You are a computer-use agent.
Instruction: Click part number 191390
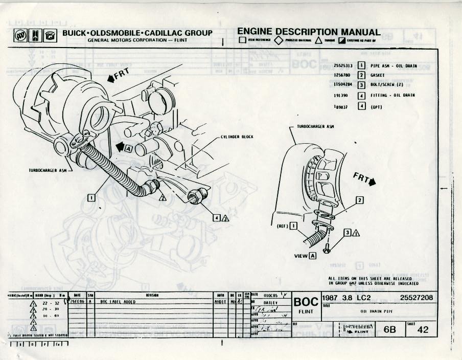click(x=342, y=96)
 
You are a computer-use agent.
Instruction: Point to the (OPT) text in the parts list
click(x=377, y=106)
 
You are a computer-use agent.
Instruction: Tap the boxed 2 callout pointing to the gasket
click(x=360, y=200)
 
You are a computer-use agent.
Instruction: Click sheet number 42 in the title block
click(x=423, y=330)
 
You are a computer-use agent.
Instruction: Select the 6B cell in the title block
click(x=390, y=330)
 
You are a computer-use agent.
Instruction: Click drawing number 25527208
click(x=417, y=297)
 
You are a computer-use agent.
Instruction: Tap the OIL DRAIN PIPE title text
click(x=377, y=310)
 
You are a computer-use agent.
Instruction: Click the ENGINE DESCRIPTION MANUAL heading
click(x=309, y=32)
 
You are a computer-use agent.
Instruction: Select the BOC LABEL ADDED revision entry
click(x=118, y=302)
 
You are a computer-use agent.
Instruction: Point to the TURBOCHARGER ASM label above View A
click(x=315, y=125)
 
